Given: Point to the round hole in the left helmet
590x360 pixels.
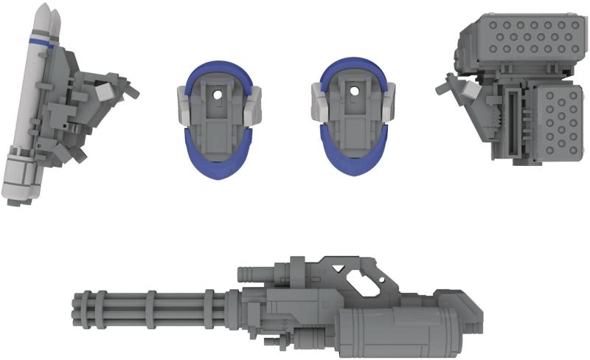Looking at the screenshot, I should (x=217, y=94).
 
